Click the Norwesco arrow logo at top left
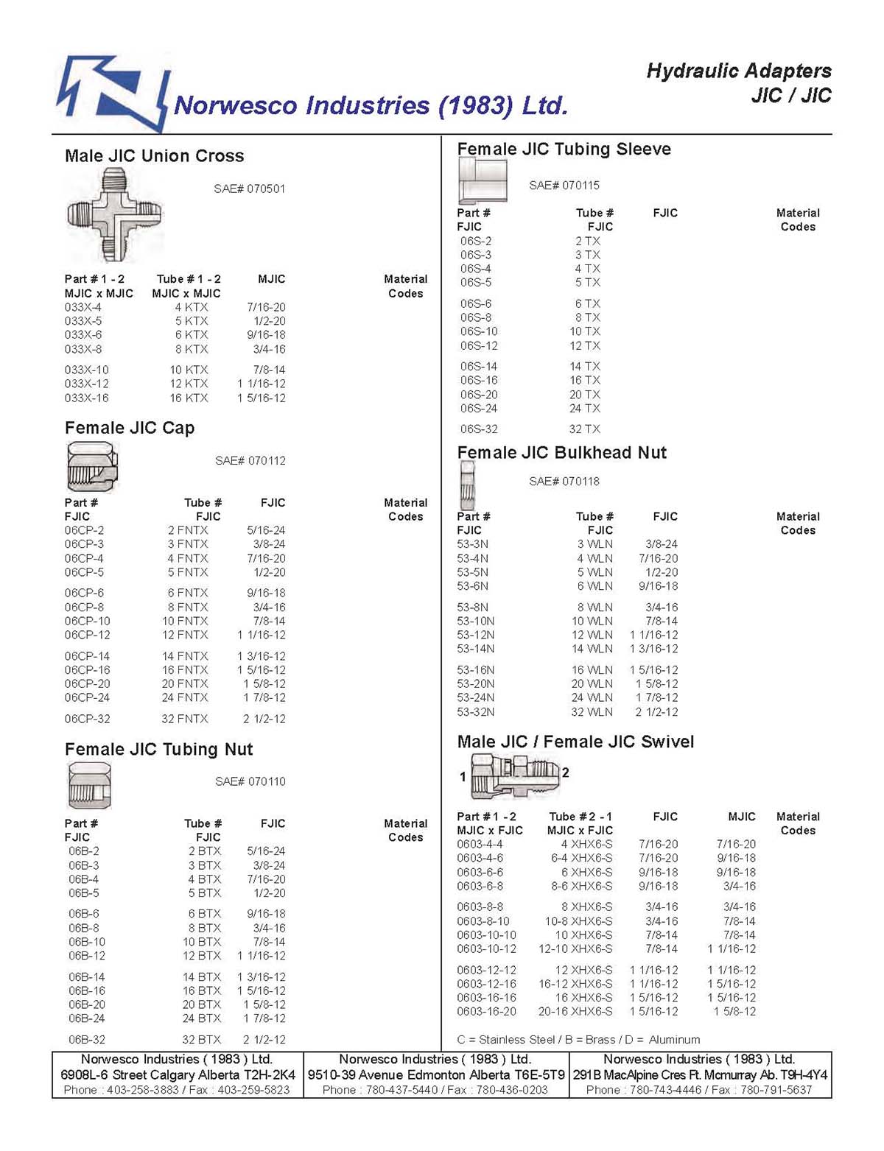(113, 93)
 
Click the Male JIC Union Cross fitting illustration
(113, 214)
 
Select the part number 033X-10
(86, 370)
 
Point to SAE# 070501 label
(249, 189)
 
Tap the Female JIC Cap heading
(130, 428)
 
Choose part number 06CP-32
(87, 719)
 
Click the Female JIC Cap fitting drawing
(92, 466)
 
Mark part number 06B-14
(87, 977)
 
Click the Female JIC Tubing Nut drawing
(89, 786)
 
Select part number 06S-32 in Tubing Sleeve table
(479, 429)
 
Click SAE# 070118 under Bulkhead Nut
(564, 482)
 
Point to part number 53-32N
(476, 712)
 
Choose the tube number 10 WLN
(592, 621)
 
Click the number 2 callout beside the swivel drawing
(566, 772)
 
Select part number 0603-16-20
(486, 1012)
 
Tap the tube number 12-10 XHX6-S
(575, 949)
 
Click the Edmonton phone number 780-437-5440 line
(435, 1090)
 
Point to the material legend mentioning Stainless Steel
(578, 1040)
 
